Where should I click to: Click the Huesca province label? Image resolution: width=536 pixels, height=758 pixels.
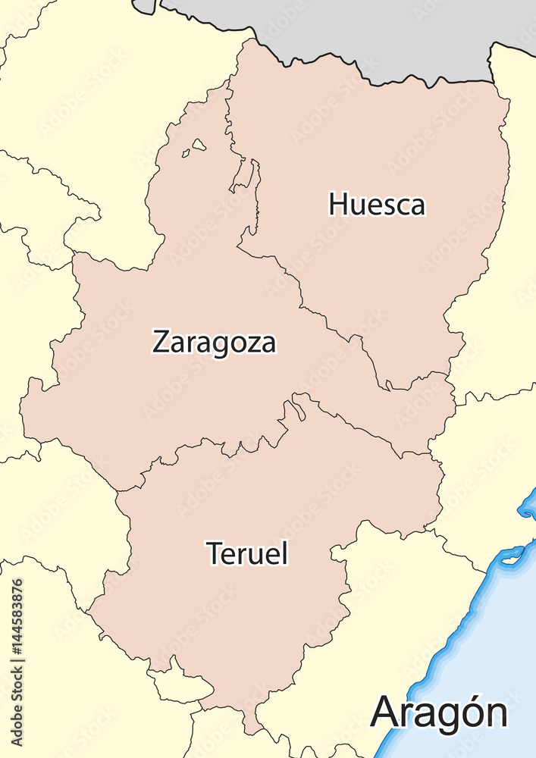[x=377, y=205]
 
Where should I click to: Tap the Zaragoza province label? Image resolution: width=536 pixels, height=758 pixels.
[x=215, y=342]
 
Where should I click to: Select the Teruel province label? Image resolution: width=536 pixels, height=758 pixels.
[x=247, y=553]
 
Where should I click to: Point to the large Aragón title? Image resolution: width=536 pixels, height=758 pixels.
[x=439, y=713]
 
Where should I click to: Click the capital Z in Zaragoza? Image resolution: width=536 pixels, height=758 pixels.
[x=160, y=342]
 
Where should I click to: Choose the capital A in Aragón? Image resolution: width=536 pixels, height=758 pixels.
[x=386, y=713]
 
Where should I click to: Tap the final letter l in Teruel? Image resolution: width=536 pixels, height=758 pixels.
[x=285, y=553]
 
